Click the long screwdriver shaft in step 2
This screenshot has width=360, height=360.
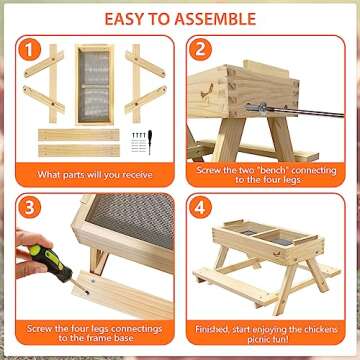pyautogui.click(x=300, y=108)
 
